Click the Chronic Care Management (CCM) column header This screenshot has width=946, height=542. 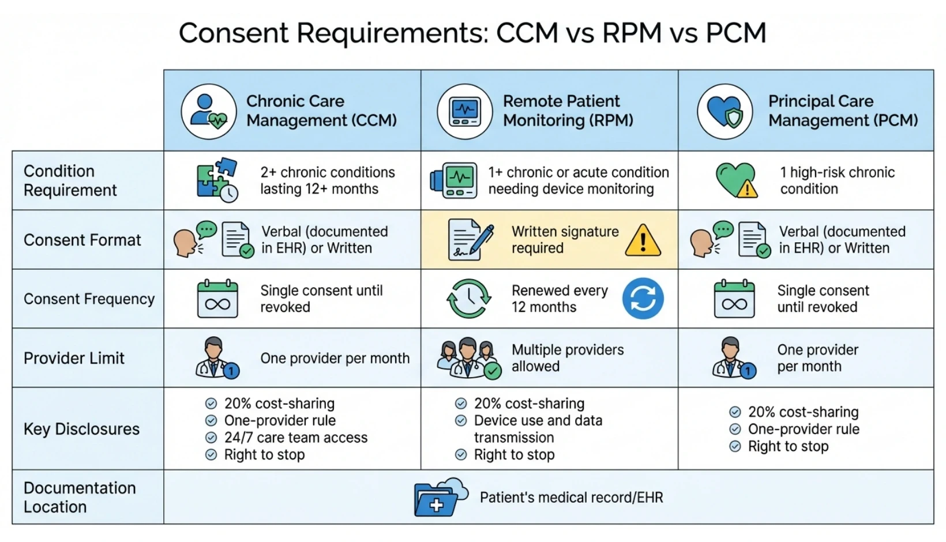pos(321,111)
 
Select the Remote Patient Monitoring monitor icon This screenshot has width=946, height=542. pos(465,111)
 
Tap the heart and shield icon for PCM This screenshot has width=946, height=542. pos(724,111)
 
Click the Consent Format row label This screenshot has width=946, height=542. pos(82,240)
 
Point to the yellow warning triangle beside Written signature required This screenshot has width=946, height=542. pos(643,240)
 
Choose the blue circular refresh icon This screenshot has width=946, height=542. pos(643,299)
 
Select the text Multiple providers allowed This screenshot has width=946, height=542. pos(567,358)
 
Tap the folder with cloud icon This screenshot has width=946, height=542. pos(440,497)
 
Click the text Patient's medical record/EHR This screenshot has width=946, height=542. pos(571,498)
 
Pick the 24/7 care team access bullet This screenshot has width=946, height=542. pos(295,438)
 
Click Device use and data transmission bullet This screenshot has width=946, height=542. pos(538,429)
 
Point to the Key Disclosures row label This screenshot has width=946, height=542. pos(81,429)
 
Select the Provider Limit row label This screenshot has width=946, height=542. pos(74,358)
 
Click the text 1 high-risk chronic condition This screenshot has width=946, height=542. pos(836,180)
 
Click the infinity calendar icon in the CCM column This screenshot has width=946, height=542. pos(217,299)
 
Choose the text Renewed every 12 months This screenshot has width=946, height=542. pos(559,299)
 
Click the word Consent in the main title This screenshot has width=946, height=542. pos(233,33)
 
